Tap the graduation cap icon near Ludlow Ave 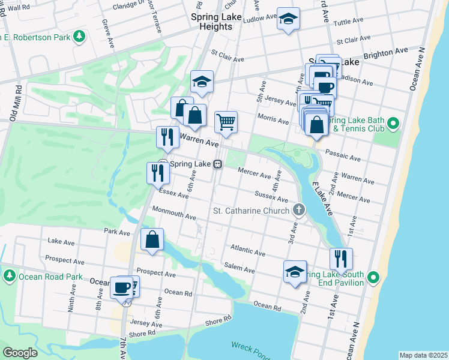click(x=288, y=19)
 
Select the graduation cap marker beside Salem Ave click(x=295, y=271)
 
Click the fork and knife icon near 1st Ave click(x=340, y=259)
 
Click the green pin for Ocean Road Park click(x=9, y=275)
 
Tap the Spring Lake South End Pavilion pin click(x=373, y=277)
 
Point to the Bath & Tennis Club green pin click(x=393, y=124)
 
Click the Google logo click(x=20, y=352)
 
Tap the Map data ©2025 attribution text click(x=423, y=355)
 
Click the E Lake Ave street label click(x=321, y=199)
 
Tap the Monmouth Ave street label click(x=174, y=212)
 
